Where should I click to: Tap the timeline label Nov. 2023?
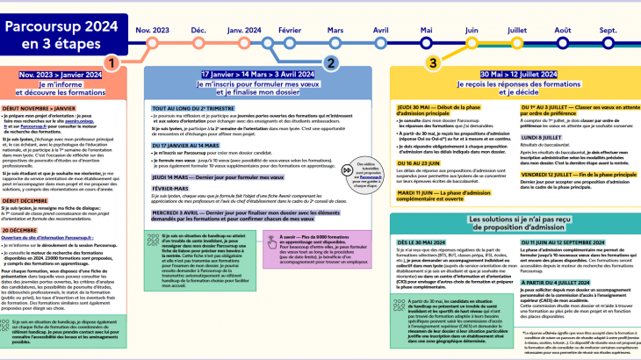point(153,30)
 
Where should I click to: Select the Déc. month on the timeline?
point(199,30)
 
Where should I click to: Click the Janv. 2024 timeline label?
point(244,30)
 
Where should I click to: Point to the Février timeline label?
point(290,30)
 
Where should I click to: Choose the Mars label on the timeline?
point(335,30)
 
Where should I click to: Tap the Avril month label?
point(380,30)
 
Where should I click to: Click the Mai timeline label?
point(426,30)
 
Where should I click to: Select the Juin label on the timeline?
point(472,30)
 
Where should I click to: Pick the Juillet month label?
point(516,30)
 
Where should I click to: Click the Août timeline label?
point(563,30)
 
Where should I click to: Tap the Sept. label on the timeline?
point(608,30)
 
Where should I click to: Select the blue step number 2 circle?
point(330,62)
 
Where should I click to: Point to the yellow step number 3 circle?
point(433,62)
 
